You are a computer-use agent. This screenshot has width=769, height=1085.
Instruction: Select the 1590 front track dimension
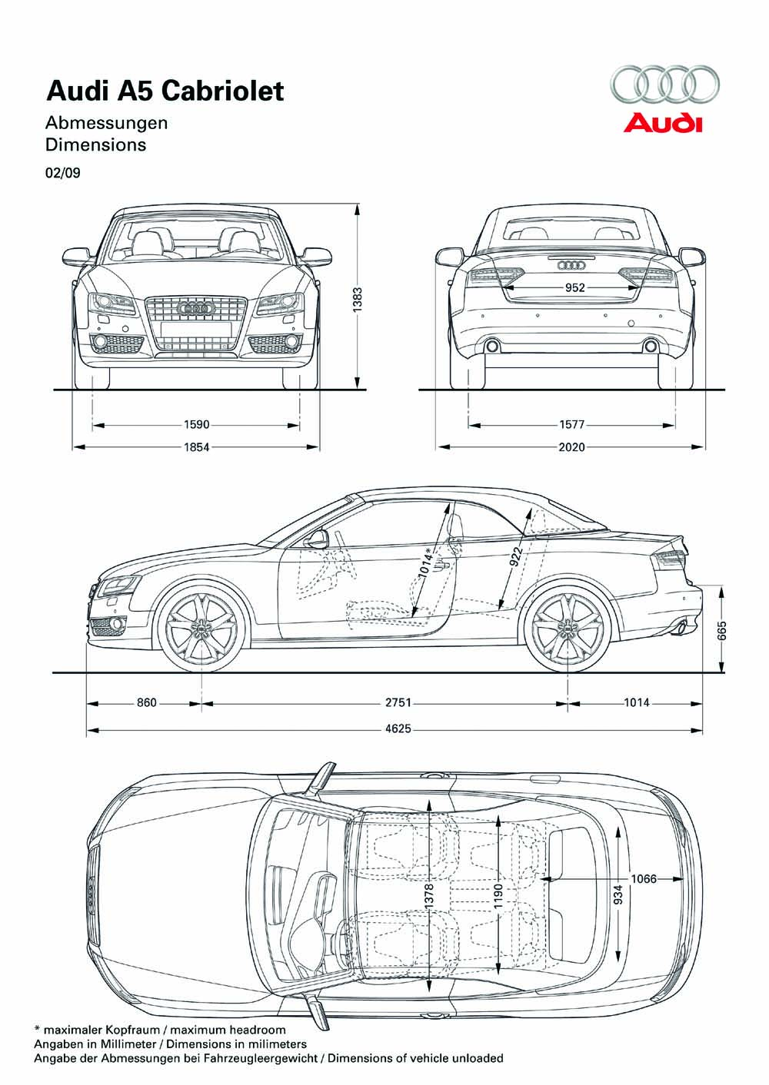coord(196,425)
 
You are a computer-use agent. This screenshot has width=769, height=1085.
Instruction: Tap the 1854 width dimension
coord(196,447)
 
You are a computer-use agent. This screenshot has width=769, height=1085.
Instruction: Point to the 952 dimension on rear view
coord(575,287)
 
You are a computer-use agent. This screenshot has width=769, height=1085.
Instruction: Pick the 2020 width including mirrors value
coord(571,447)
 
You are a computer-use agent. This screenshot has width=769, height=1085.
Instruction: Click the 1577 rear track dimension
coord(571,425)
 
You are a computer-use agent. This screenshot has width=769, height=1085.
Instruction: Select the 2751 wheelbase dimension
coord(398,702)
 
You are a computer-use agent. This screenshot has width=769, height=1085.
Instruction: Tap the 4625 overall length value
coord(398,728)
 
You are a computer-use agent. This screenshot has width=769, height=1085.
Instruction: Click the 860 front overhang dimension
coord(147,702)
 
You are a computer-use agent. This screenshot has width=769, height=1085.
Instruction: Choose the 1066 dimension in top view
coord(644,878)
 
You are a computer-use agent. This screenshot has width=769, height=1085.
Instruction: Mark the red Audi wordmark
coord(663,123)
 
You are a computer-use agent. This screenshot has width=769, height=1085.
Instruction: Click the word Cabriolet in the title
coord(222,91)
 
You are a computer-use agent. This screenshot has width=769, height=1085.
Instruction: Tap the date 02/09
coord(63,173)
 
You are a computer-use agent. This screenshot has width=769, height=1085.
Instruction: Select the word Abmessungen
coord(107,123)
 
